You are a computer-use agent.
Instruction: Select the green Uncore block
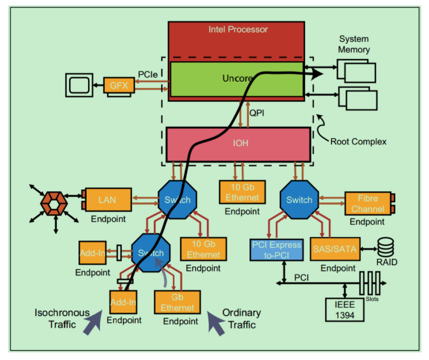coord(216,79)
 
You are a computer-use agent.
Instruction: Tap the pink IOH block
coord(238,144)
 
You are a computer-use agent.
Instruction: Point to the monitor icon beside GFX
coord(80,85)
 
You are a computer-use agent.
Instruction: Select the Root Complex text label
coord(358,142)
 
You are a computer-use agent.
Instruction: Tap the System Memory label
coord(354,44)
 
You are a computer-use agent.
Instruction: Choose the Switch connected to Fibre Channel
coord(299,200)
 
